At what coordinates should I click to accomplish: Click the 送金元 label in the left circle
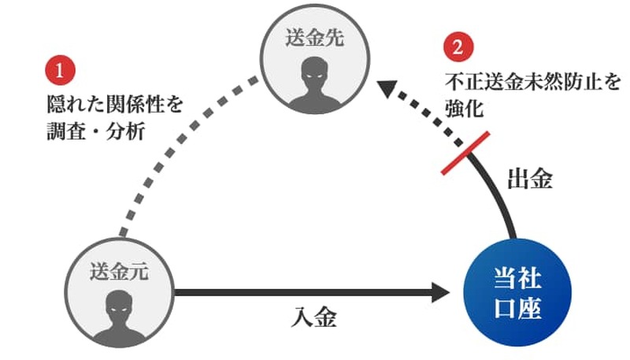[118, 273]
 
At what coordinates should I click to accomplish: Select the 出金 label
[529, 179]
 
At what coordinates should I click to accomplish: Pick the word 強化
[462, 106]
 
